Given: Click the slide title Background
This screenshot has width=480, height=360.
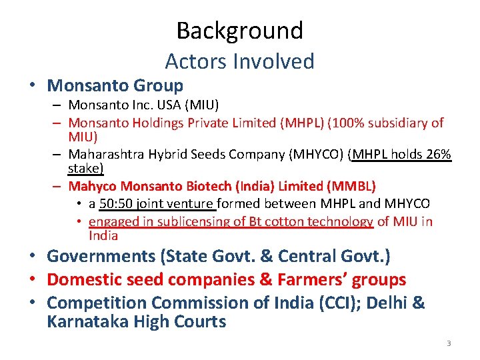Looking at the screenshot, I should (x=239, y=31).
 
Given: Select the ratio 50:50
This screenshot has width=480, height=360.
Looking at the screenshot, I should (x=117, y=203).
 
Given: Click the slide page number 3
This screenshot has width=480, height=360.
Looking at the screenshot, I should (x=449, y=343).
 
